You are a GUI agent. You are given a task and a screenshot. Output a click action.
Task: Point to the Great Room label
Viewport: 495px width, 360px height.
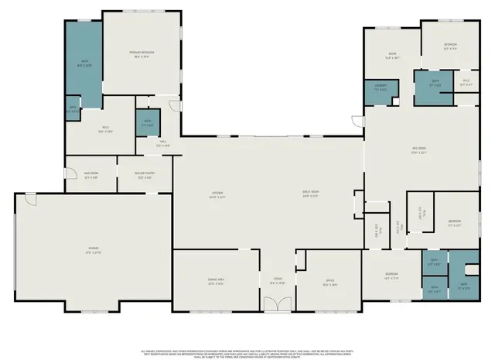311,195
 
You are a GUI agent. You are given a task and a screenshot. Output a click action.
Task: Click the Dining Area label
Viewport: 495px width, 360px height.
216,283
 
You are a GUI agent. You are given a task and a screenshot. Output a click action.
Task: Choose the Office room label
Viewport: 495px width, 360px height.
329,283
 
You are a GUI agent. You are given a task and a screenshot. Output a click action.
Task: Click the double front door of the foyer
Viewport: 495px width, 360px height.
274,307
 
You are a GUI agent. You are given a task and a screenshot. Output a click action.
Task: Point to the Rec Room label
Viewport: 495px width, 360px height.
420,152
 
